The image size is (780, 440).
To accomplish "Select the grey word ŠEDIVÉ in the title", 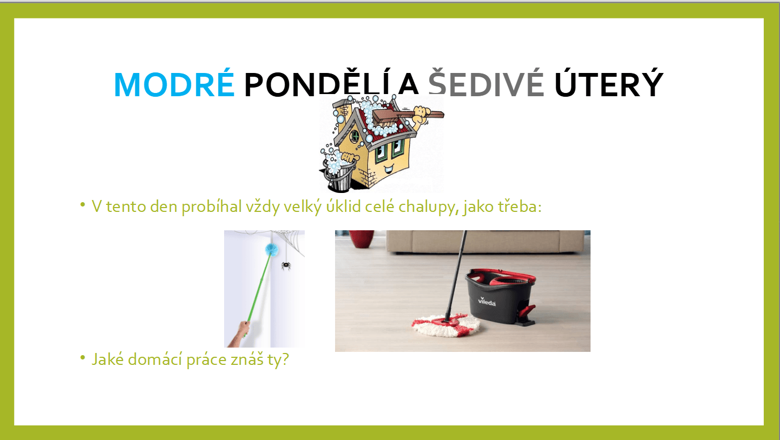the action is pos(486,83).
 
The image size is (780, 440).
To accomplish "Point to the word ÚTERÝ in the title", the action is pos(609,83).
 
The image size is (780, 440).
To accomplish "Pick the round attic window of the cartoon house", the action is pos(355,136).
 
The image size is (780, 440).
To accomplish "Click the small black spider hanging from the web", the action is pos(286,265).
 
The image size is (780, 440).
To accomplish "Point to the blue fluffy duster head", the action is pos(272,249).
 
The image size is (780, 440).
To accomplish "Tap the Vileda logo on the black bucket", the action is pos(487,302).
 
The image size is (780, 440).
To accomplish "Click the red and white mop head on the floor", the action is pos(446,324).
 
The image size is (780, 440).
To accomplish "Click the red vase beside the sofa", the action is pos(362,238).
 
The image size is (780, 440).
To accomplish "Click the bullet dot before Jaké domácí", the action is pos(82,357).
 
